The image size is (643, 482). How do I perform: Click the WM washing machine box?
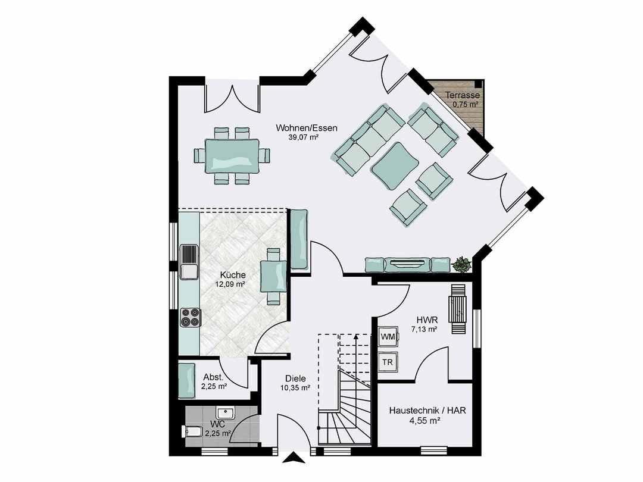(x=388, y=337)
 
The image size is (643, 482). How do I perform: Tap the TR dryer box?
(x=388, y=362)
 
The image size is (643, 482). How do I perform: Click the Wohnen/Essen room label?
(x=298, y=128)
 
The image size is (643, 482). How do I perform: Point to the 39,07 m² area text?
(x=303, y=137)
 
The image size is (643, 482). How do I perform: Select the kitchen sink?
(x=189, y=262)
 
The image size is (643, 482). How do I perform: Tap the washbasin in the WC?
(x=224, y=412)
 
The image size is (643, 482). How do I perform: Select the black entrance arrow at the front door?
(x=294, y=458)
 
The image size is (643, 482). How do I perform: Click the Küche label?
(x=233, y=275)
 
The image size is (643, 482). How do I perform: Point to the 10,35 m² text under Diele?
(x=295, y=388)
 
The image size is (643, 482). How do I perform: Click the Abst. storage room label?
(x=213, y=377)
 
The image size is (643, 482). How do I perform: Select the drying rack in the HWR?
(x=458, y=309)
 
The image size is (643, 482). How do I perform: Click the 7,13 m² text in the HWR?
(x=423, y=328)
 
